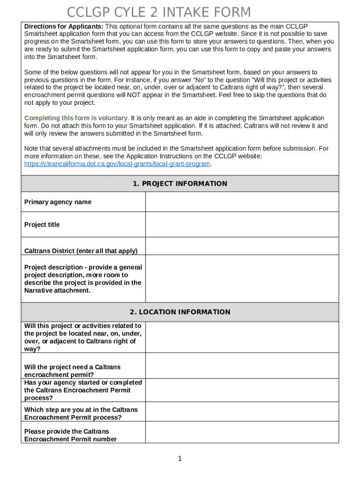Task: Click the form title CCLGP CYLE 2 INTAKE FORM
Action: pos(159,12)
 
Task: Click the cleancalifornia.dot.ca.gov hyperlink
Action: pos(117,164)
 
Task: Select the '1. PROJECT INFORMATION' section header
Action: pos(180,184)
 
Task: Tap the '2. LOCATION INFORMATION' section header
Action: pos(180,312)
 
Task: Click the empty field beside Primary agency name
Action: pos(242,202)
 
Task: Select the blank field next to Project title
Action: pos(242,225)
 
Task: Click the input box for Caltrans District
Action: pos(242,246)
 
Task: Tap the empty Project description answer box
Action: pos(242,279)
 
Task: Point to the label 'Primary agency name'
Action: pos(58,202)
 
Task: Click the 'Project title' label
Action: pos(42,225)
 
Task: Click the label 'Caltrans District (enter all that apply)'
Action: pos(81,251)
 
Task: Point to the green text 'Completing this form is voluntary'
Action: pos(76,118)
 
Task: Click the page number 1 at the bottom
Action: pos(180,459)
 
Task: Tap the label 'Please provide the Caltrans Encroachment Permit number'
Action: pos(71,435)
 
